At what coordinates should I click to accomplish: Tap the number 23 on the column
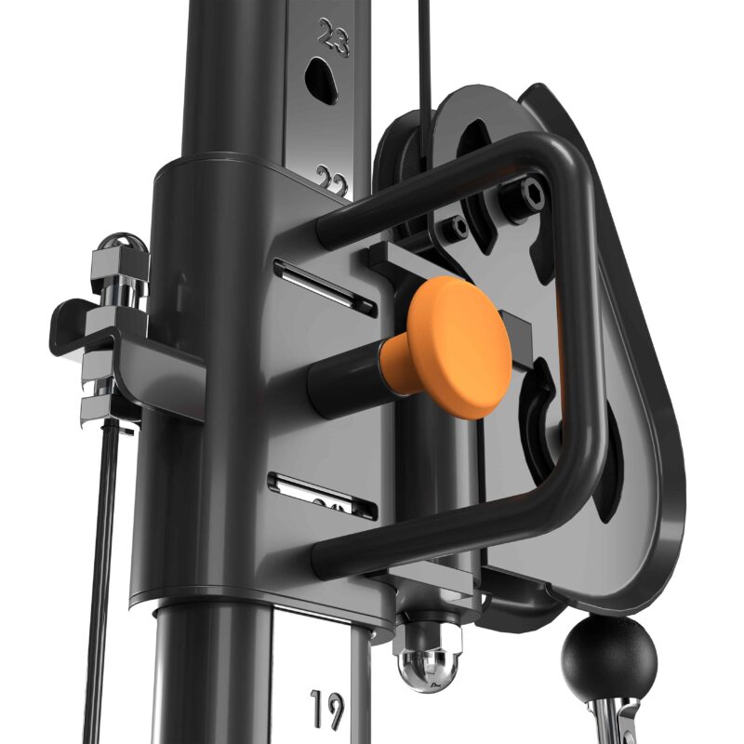(332, 37)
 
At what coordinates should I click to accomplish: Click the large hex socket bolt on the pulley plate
(532, 192)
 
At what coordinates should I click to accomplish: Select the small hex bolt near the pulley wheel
(456, 226)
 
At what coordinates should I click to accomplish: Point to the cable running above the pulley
(425, 56)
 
